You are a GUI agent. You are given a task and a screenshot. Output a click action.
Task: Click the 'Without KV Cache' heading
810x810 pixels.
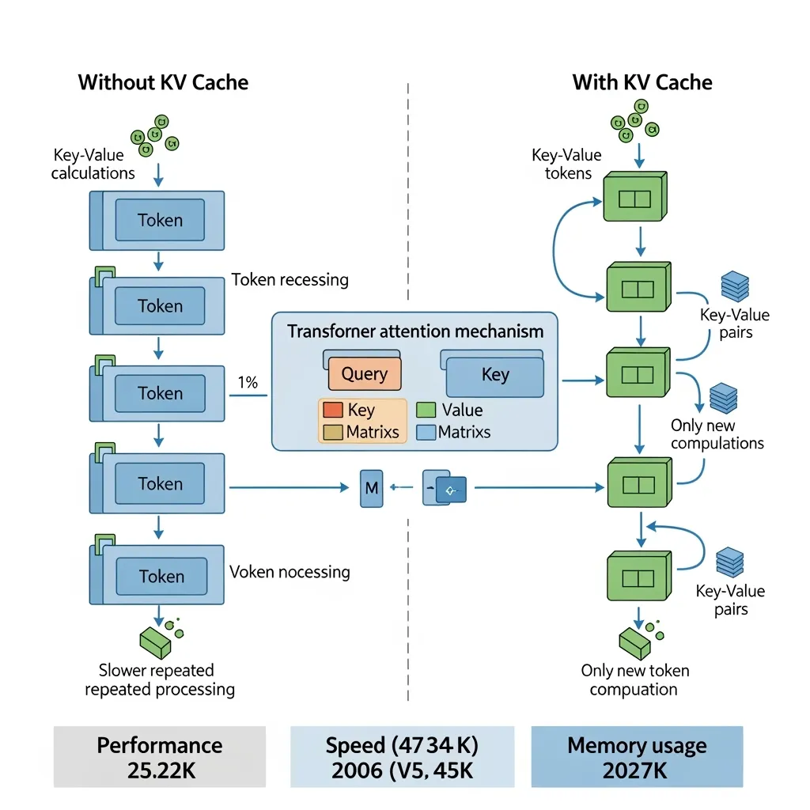[x=163, y=82]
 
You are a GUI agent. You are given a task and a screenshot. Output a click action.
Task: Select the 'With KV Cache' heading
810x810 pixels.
[x=642, y=82]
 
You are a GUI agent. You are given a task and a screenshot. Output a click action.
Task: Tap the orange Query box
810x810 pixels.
[x=364, y=373]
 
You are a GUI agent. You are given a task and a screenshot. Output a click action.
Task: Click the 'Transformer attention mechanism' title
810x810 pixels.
[x=414, y=331]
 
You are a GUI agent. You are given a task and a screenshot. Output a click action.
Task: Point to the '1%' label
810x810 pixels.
[x=248, y=383]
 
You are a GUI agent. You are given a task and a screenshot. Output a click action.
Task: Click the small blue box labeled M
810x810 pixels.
[x=371, y=489]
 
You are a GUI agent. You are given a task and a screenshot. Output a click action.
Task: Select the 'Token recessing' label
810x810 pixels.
[x=290, y=280]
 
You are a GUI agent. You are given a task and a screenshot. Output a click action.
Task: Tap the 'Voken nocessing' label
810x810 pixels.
[x=290, y=572]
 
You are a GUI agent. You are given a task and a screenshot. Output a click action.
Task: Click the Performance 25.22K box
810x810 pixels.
[x=159, y=756]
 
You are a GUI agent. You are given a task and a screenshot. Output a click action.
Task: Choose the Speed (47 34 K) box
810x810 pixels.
[x=403, y=756]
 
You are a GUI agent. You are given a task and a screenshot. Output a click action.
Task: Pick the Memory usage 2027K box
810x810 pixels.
[x=637, y=756]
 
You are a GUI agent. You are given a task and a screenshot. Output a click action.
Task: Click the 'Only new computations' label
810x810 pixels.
[x=717, y=434]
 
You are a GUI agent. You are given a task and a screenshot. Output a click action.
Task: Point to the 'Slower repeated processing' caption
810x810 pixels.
[x=159, y=679]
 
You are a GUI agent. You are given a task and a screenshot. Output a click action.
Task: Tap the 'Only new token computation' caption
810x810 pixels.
[x=634, y=679]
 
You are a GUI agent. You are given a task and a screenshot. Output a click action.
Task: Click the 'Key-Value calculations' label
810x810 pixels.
[x=93, y=164]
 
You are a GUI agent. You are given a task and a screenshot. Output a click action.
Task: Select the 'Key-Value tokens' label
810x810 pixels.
[x=567, y=164]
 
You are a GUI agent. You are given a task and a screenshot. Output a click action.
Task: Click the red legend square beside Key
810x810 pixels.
[x=333, y=411]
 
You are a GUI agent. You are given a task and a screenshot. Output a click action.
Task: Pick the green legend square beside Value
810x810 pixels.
[x=426, y=411]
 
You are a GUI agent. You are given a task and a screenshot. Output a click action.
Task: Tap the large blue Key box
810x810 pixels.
[x=495, y=375]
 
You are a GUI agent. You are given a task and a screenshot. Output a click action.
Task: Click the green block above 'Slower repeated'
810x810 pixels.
[x=155, y=642]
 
